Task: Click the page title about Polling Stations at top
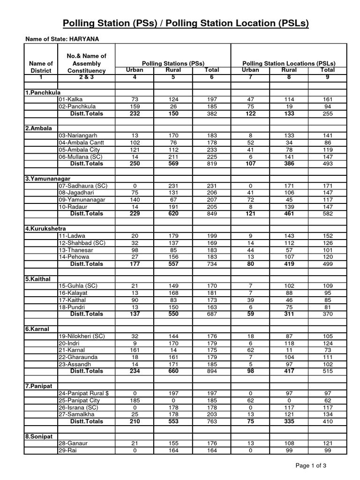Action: (186, 24)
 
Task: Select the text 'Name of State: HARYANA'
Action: (62, 39)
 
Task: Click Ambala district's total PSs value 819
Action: (211, 164)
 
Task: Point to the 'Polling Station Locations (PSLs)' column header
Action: (288, 63)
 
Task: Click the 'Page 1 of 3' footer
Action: (323, 465)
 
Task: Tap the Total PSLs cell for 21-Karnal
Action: (328, 350)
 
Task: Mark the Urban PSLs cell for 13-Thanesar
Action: (250, 250)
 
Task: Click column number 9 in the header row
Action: (328, 77)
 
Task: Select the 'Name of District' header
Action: (41, 67)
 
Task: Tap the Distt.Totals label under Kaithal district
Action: (86, 314)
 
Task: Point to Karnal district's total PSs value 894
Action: (211, 371)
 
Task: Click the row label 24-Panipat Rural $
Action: (84, 393)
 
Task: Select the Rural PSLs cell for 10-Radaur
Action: (289, 207)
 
